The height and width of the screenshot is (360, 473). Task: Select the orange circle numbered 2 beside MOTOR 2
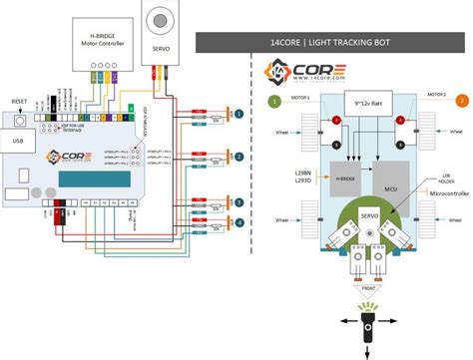461,101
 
